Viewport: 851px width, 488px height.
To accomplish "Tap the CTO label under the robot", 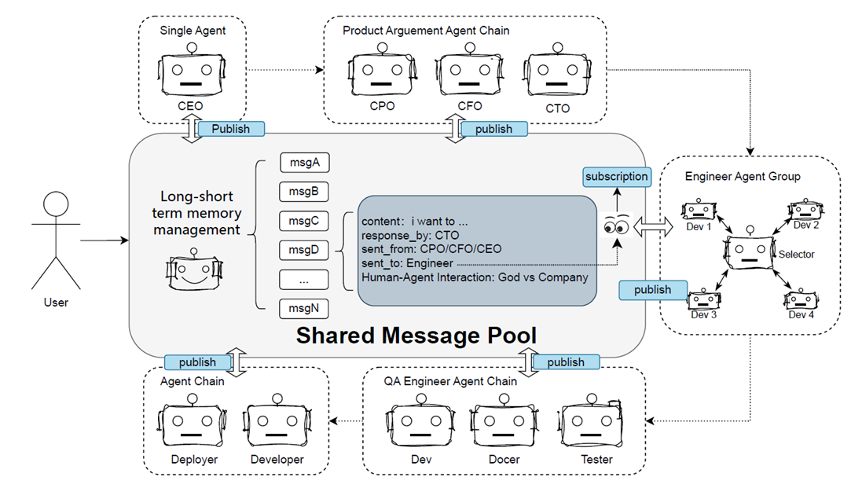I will pos(557,108).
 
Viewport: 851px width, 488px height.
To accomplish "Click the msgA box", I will pos(304,163).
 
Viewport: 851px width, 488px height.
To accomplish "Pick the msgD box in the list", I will pos(304,250).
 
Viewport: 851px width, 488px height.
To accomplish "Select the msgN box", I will pos(304,308).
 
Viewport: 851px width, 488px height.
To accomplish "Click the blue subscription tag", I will pos(617,176).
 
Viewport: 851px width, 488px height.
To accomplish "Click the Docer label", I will pos(504,460).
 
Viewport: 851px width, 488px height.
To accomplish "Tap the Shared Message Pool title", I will pos(416,336).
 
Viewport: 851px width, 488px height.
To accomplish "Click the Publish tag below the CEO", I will pos(231,128).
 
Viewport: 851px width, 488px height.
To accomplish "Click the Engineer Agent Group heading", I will pos(743,176).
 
